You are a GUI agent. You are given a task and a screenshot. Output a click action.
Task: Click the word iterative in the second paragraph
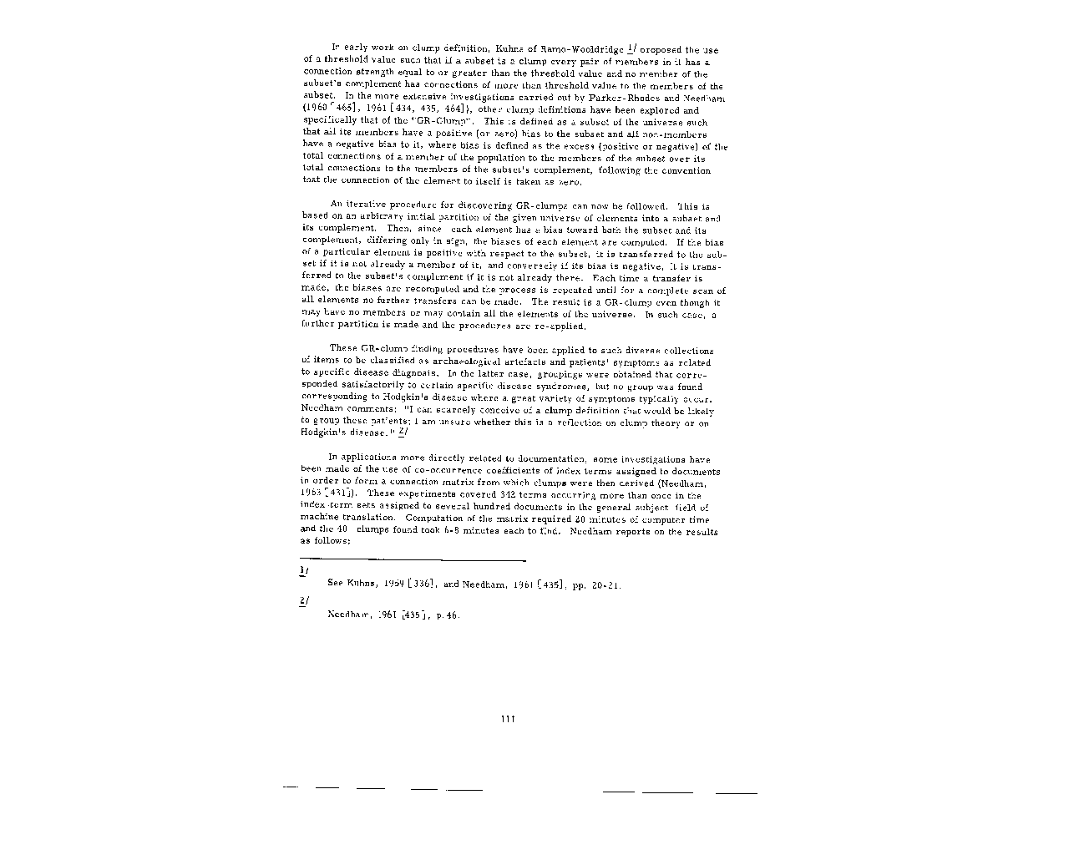click(x=369, y=205)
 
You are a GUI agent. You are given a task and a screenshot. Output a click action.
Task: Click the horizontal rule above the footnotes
click(x=413, y=560)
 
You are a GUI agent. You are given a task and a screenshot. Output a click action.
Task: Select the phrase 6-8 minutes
click(x=455, y=531)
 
